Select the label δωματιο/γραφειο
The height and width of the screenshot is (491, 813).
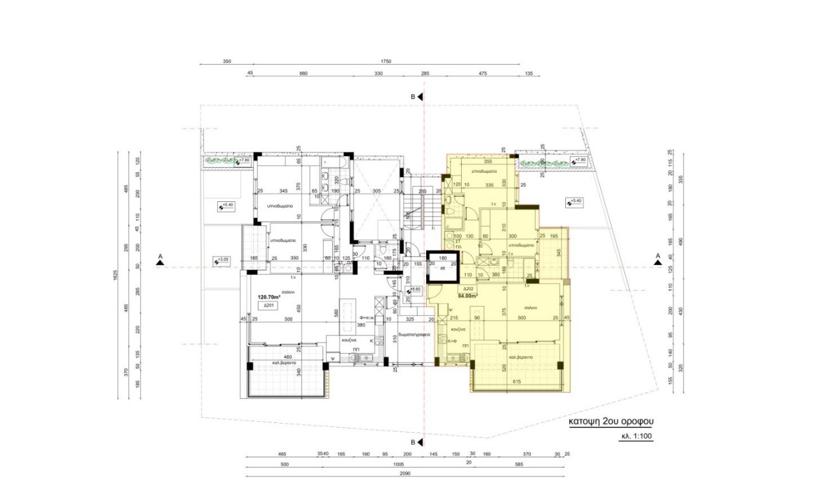414,335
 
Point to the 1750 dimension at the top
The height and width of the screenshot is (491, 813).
386,62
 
